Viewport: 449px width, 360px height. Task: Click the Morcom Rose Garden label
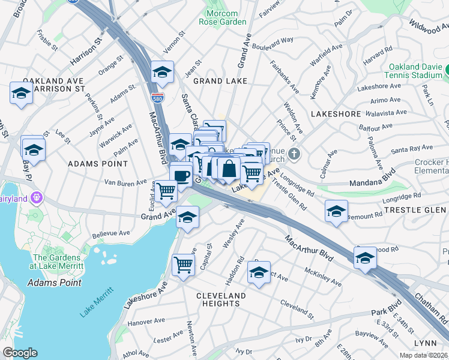click(226, 17)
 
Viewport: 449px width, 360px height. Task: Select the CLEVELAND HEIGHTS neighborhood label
click(221, 299)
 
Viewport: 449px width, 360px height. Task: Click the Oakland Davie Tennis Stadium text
click(415, 71)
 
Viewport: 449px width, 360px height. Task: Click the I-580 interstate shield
click(157, 97)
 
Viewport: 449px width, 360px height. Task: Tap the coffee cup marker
click(181, 176)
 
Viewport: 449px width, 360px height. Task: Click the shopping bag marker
click(229, 169)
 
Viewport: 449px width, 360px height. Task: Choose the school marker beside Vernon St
click(162, 72)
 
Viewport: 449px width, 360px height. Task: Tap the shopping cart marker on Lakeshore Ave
click(184, 265)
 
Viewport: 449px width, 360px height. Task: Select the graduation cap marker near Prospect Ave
click(259, 272)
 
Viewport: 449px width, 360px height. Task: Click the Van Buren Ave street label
click(125, 182)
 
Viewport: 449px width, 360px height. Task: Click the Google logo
click(20, 353)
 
